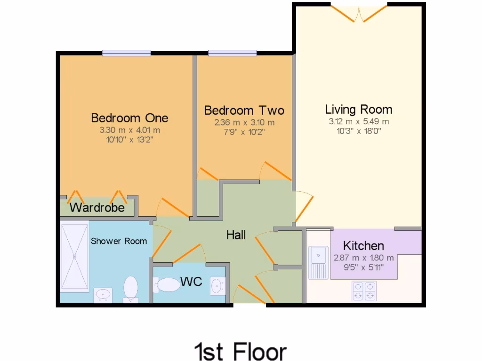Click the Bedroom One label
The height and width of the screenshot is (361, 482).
click(x=129, y=118)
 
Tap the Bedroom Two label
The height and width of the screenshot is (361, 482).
click(x=244, y=110)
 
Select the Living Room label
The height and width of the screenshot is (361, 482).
click(x=359, y=110)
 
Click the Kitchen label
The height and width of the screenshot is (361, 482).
click(x=363, y=245)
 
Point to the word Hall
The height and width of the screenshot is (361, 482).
click(x=236, y=235)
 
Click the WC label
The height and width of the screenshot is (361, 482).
click(x=192, y=282)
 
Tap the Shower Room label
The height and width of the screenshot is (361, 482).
click(x=119, y=241)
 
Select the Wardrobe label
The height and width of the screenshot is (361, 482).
click(x=97, y=207)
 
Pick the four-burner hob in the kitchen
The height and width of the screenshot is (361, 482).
click(x=364, y=290)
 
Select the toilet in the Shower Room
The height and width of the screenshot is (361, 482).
click(x=130, y=289)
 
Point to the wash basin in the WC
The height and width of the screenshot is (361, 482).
click(x=217, y=285)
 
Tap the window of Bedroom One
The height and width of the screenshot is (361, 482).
click(x=126, y=53)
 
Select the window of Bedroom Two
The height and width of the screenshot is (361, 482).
click(x=233, y=53)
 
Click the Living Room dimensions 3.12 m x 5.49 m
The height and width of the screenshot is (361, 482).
click(x=359, y=121)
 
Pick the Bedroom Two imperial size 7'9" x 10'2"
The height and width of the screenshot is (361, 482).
click(x=244, y=132)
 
